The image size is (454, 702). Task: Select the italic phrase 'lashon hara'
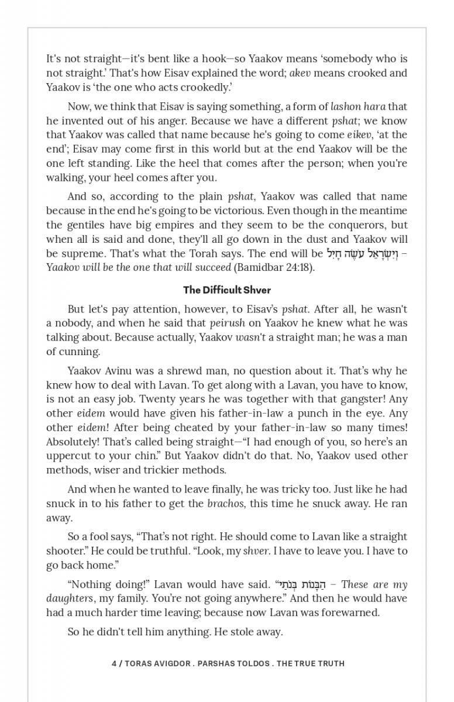(358, 106)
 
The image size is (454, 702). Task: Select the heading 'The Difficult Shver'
(227, 290)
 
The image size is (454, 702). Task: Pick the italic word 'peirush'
(226, 323)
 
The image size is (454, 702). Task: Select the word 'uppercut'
(66, 456)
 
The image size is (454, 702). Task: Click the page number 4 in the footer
(114, 663)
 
